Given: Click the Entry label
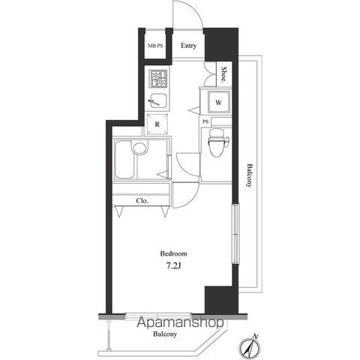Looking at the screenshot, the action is [x=188, y=46].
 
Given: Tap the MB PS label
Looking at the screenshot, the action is [x=155, y=46].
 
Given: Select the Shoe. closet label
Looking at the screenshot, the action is [x=224, y=74].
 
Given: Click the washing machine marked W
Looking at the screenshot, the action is [x=219, y=102].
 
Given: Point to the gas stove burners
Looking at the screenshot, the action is [x=158, y=79].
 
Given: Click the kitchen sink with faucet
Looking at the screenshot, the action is [x=158, y=100].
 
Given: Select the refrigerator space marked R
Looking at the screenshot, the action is [x=157, y=124].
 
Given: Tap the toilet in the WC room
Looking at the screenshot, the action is [x=217, y=142].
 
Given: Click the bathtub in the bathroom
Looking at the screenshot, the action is [x=124, y=159].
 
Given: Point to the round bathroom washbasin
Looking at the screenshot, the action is [x=139, y=148].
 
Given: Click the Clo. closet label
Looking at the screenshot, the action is [x=142, y=201].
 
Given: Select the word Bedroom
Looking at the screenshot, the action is [x=173, y=253].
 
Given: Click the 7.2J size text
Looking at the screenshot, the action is [x=173, y=266].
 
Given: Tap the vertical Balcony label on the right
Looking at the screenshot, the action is [x=249, y=175].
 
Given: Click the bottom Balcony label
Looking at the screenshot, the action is [x=165, y=334].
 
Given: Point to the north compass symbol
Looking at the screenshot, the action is [x=250, y=347].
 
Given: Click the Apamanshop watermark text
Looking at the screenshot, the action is [x=180, y=322].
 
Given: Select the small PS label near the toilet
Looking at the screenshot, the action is [x=205, y=121].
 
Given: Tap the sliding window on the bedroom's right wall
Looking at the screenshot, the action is [x=235, y=234].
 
